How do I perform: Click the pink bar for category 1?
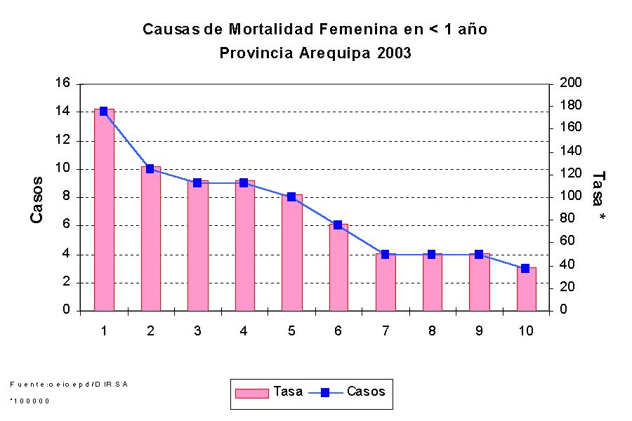pyautogui.click(x=103, y=210)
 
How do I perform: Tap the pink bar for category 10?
pyautogui.click(x=526, y=289)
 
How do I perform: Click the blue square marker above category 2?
pyautogui.click(x=150, y=168)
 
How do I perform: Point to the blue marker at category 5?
pyautogui.click(x=291, y=197)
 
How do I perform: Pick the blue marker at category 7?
pyautogui.click(x=385, y=254)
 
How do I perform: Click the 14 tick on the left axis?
pyautogui.click(x=63, y=112)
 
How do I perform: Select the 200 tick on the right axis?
pyautogui.click(x=570, y=83)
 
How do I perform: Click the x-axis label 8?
pyautogui.click(x=432, y=332)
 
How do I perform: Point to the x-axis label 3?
pyautogui.click(x=197, y=332)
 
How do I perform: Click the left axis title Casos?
pyautogui.click(x=37, y=199)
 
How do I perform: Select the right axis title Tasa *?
pyautogui.click(x=599, y=196)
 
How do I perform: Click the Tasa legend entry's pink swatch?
pyautogui.click(x=251, y=393)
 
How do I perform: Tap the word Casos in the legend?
pyautogui.click(x=366, y=392)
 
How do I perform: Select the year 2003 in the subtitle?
pyautogui.click(x=393, y=53)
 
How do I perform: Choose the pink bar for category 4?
pyautogui.click(x=244, y=246)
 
